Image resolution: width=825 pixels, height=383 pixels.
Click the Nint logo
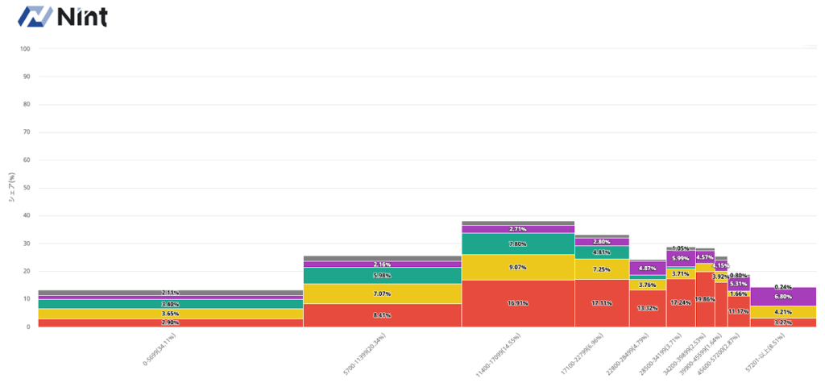(62, 16)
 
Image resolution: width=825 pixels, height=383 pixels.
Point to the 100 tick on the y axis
(25, 48)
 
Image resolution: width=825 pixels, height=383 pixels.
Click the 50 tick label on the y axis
(26, 188)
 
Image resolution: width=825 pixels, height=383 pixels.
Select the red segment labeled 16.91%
(518, 304)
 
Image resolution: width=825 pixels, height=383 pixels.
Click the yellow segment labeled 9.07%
(518, 267)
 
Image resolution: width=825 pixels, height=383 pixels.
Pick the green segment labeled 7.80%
(518, 244)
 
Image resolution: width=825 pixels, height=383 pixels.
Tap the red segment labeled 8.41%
(382, 315)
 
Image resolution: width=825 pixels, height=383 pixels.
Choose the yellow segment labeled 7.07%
(382, 293)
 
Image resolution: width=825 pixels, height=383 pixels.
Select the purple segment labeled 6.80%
(783, 297)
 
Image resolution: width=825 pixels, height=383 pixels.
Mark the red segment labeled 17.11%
(602, 303)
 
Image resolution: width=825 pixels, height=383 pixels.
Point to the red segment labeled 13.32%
(648, 308)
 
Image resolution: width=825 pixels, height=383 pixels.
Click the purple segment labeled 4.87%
(648, 269)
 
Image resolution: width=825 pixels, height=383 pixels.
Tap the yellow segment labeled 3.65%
(170, 314)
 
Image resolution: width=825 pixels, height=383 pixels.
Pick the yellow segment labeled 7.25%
(602, 269)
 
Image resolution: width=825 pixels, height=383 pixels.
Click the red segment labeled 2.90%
(170, 323)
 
